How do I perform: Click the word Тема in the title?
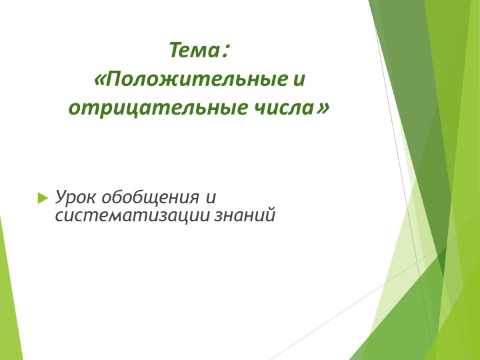194,51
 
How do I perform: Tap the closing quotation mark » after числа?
323,107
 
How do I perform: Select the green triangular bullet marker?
43,197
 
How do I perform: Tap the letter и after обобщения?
210,197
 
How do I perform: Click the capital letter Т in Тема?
175,51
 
